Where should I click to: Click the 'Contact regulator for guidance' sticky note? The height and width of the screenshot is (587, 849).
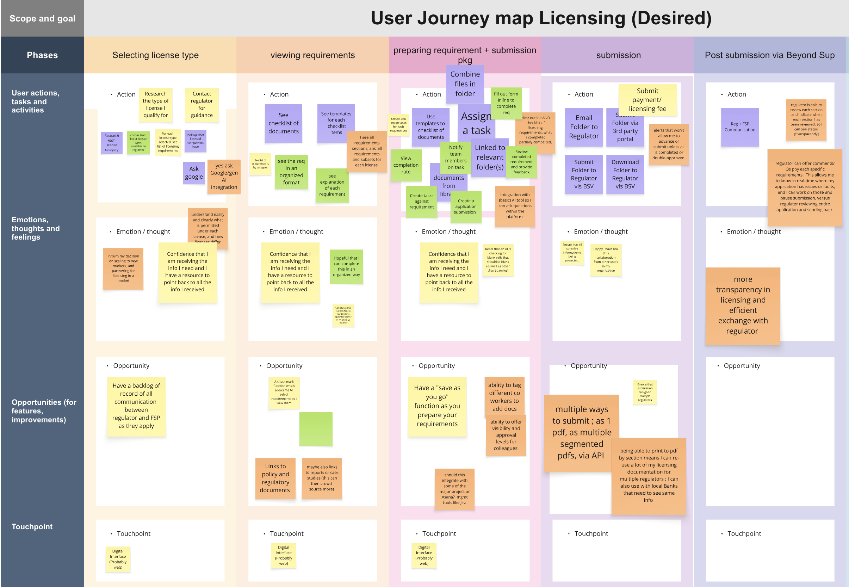(x=202, y=104)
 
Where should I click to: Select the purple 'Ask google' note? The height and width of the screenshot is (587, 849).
(x=193, y=172)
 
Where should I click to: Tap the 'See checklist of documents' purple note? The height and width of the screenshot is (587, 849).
(x=283, y=123)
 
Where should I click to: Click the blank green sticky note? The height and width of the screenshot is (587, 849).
(x=316, y=429)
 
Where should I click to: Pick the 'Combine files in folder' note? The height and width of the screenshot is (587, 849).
(x=465, y=84)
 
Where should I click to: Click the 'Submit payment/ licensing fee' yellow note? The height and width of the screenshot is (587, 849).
(x=647, y=100)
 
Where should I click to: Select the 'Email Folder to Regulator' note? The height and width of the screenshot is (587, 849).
(x=583, y=127)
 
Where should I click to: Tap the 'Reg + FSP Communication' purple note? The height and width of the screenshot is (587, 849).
(x=739, y=127)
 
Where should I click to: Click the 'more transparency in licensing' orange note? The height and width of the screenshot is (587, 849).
(x=742, y=305)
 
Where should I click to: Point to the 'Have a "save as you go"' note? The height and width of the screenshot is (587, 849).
(x=437, y=406)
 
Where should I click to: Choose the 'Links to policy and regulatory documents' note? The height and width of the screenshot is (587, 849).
(x=275, y=478)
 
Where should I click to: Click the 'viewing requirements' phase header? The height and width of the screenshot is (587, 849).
(x=312, y=55)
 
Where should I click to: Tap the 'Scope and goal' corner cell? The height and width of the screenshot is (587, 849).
(x=42, y=18)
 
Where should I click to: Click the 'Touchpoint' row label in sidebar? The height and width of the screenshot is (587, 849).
(x=32, y=526)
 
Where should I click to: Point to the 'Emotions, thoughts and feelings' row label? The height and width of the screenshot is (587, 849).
(x=35, y=228)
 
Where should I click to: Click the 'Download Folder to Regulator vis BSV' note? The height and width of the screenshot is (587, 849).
(x=625, y=174)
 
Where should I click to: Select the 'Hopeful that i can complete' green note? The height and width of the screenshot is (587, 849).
(x=346, y=267)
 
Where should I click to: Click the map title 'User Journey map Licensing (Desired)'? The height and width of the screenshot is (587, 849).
(x=540, y=18)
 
